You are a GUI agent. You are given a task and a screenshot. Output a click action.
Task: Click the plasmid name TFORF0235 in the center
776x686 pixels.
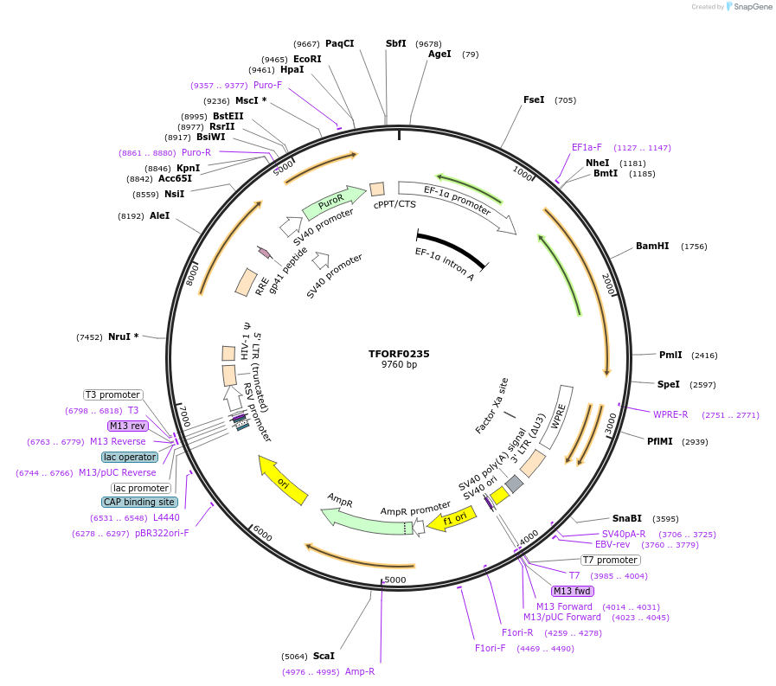click(399, 354)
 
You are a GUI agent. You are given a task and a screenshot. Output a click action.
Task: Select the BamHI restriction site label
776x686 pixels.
click(652, 247)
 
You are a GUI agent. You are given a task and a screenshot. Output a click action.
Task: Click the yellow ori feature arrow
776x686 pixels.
click(284, 480)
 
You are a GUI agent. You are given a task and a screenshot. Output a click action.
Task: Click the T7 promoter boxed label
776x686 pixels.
click(611, 560)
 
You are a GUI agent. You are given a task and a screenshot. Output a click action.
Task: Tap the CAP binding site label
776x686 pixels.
click(139, 502)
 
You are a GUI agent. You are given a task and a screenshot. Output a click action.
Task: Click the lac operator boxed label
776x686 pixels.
click(130, 457)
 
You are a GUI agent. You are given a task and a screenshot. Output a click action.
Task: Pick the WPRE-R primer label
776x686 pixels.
click(670, 414)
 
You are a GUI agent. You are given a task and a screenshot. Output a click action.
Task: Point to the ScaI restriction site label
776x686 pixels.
click(324, 656)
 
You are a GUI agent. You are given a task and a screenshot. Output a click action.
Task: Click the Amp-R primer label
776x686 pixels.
click(360, 671)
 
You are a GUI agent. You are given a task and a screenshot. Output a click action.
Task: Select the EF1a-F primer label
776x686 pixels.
click(587, 147)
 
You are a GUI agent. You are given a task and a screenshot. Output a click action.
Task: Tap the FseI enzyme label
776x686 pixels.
click(534, 100)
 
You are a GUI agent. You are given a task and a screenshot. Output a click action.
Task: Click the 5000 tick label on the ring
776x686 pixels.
click(395, 579)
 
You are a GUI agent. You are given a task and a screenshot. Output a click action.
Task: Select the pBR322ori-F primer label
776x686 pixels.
click(162, 533)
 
